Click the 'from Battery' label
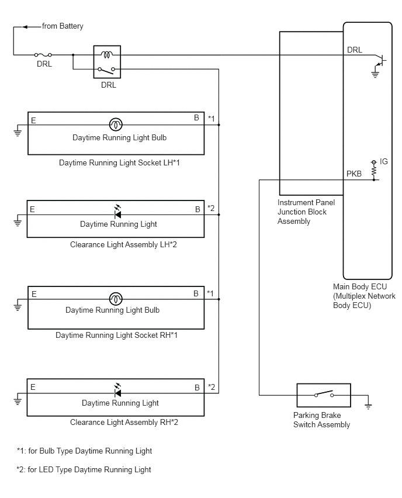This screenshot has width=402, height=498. pyautogui.click(x=63, y=26)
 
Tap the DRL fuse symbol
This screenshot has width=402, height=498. pyautogui.click(x=43, y=55)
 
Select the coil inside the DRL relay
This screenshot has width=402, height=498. pyautogui.click(x=107, y=54)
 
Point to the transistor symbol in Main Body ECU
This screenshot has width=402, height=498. pyautogui.click(x=380, y=60)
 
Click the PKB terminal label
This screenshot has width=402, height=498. pyautogui.click(x=354, y=174)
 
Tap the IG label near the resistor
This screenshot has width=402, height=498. pyautogui.click(x=383, y=162)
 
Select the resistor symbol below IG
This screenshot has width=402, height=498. pyautogui.click(x=374, y=171)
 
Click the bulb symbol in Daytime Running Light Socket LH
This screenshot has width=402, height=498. pyautogui.click(x=116, y=124)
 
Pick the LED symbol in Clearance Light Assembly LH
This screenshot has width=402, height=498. pyautogui.click(x=117, y=212)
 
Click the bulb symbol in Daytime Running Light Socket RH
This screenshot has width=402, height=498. pyautogui.click(x=116, y=299)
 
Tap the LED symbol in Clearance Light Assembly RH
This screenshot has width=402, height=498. pyautogui.click(x=117, y=390)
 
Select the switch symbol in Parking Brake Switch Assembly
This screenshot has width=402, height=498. pyautogui.click(x=324, y=394)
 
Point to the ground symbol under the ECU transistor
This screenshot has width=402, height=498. pyautogui.click(x=375, y=75)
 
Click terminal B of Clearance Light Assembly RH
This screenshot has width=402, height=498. pyautogui.click(x=197, y=388)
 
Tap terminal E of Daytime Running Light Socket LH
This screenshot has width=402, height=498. pyautogui.click(x=33, y=120)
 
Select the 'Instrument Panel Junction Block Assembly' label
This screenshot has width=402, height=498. pyautogui.click(x=306, y=212)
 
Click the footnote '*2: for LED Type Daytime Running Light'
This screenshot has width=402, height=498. pyautogui.click(x=84, y=470)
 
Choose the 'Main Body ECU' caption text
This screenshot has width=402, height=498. pyautogui.click(x=360, y=286)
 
